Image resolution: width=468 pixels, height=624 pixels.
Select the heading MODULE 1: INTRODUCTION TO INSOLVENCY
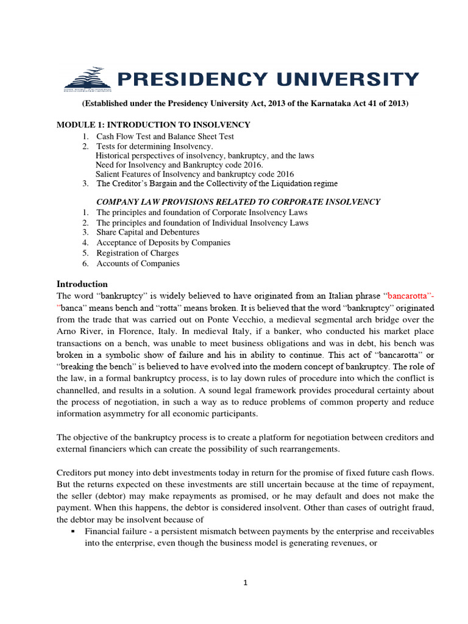click(x=153, y=125)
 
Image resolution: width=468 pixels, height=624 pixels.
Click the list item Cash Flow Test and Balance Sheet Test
click(x=165, y=136)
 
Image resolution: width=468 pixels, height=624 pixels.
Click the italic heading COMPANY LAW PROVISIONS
click(x=239, y=202)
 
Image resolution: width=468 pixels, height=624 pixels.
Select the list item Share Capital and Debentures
click(x=147, y=232)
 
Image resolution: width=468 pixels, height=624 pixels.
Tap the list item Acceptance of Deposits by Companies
click(x=163, y=243)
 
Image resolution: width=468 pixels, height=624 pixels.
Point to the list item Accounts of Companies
click(x=138, y=263)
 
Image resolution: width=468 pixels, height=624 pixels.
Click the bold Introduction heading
click(x=82, y=284)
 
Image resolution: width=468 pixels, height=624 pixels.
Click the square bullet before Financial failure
click(x=73, y=531)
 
